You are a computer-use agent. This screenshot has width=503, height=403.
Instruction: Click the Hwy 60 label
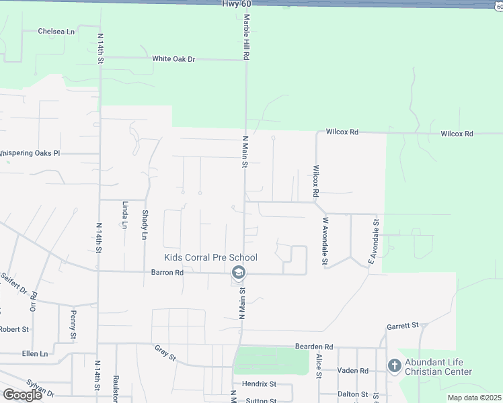[235, 4]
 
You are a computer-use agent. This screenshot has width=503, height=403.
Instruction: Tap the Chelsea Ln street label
[56, 31]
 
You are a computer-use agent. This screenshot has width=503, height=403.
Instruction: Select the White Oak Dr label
[173, 59]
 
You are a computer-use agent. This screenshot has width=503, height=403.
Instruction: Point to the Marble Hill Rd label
[246, 38]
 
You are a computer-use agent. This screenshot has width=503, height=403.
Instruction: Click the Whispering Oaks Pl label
[30, 153]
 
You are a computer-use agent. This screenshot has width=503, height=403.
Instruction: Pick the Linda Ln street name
[124, 214]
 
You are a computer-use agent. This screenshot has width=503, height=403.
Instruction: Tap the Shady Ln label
[145, 224]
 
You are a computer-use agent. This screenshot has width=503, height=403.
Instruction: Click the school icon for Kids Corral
[237, 273]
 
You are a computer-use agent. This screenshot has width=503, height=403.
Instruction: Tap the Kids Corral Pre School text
[210, 257]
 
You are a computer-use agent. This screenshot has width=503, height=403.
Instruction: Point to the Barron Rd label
[167, 273]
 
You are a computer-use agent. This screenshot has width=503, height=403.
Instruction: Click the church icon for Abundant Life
[394, 366]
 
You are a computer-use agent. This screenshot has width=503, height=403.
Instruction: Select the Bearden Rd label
[314, 346]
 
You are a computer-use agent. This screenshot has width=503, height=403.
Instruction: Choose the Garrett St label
[402, 326]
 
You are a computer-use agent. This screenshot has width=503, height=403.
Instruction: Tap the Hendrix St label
[260, 384]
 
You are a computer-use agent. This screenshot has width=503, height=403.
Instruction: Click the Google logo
[22, 395]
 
